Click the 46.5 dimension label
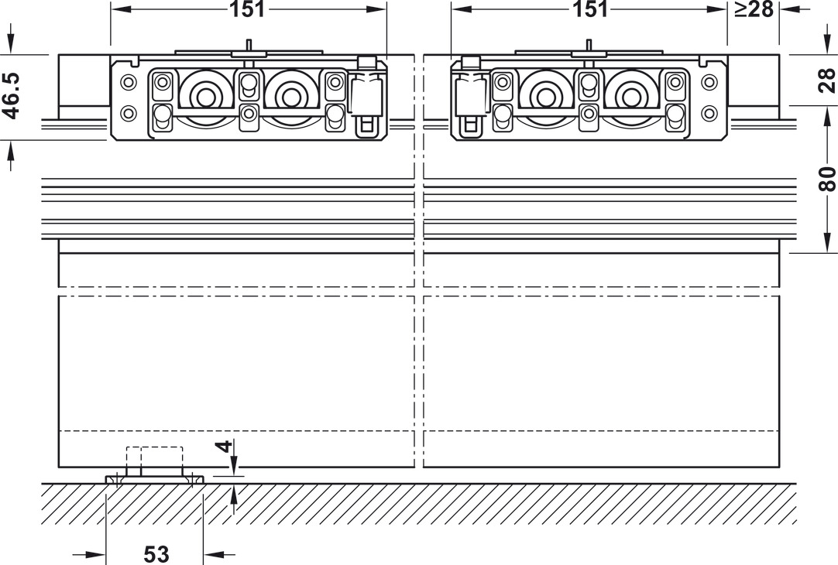coord(11,95)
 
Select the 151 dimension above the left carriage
coord(247,9)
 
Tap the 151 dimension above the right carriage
coord(590,9)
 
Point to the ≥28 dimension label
coord(754,9)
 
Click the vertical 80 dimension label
coord(827,179)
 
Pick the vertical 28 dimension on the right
coord(827,80)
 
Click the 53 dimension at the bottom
coord(156,554)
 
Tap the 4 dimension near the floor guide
coord(227,446)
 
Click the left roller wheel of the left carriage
coord(204,98)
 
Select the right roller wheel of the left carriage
coord(290,98)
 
